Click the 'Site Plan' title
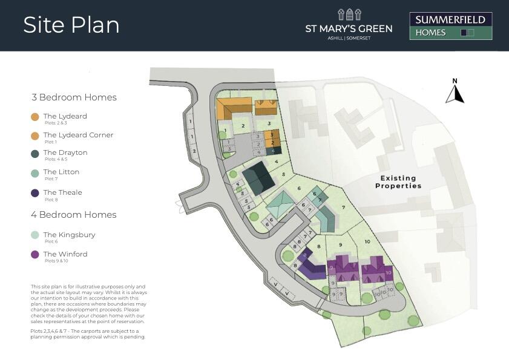click(x=71, y=25)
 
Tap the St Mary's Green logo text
click(x=348, y=28)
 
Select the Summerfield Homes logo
click(x=450, y=26)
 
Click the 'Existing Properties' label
click(x=398, y=182)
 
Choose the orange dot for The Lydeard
click(x=34, y=117)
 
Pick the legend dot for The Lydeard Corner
click(x=34, y=136)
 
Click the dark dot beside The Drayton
click(x=34, y=154)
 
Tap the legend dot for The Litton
click(x=34, y=173)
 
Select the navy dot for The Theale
click(x=34, y=194)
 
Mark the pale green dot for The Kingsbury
click(x=34, y=235)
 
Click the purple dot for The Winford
click(x=34, y=255)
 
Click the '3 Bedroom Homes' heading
click(x=74, y=97)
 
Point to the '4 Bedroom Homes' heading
click(x=74, y=215)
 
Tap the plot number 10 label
click(x=367, y=241)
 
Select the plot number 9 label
click(x=341, y=244)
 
